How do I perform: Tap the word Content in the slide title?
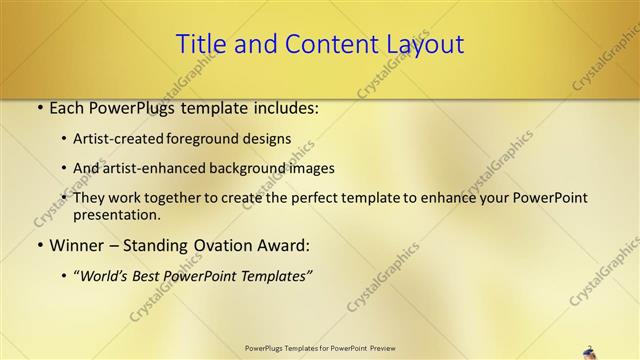[321, 44]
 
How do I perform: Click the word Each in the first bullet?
[68, 108]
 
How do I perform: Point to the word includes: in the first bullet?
[286, 108]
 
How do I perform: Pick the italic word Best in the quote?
[155, 275]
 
